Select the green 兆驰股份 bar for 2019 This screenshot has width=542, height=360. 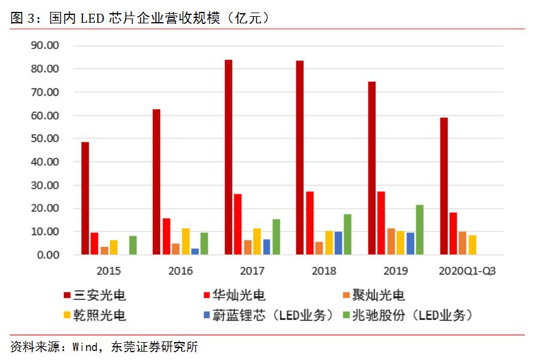pyautogui.click(x=419, y=230)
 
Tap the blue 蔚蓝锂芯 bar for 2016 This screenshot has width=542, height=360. pyautogui.click(x=195, y=252)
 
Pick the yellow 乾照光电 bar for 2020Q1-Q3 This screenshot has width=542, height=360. pyautogui.click(x=472, y=245)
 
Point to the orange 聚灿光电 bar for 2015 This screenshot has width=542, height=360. pyautogui.click(x=104, y=251)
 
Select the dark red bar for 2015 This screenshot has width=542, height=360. pyautogui.click(x=85, y=198)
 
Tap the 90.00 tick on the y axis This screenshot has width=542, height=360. pyautogui.click(x=45, y=45)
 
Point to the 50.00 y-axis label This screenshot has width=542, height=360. pyautogui.click(x=45, y=139)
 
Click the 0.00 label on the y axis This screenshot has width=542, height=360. pyautogui.click(x=47, y=255)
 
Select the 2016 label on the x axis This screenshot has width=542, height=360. pyautogui.click(x=180, y=271)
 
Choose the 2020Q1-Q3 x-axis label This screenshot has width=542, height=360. pyautogui.click(x=467, y=271)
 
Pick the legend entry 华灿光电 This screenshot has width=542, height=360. pyautogui.click(x=238, y=295)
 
